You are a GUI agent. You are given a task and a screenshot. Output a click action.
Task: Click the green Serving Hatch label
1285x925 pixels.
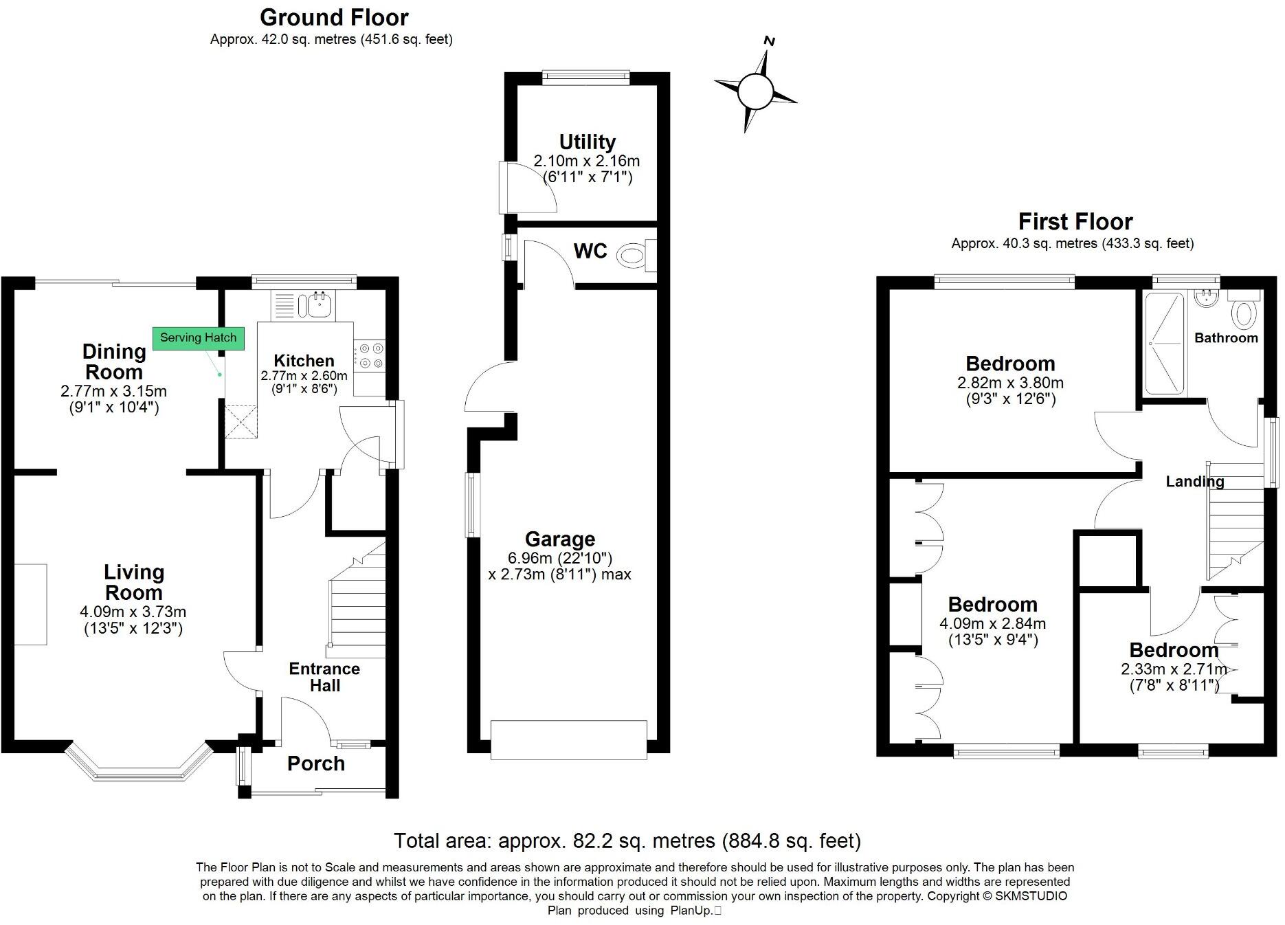click(x=198, y=338)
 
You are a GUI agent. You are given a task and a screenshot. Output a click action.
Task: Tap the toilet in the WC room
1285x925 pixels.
click(x=632, y=257)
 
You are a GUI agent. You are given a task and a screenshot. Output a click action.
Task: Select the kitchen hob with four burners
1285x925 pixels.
click(x=370, y=356)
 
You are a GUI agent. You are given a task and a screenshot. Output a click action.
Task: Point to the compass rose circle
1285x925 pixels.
click(x=755, y=91)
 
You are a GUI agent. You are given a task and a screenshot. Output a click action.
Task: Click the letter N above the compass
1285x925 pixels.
click(x=770, y=41)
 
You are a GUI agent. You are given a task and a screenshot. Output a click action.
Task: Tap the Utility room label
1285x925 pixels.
click(x=587, y=142)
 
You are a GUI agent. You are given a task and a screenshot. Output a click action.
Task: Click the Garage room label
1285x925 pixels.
click(x=560, y=539)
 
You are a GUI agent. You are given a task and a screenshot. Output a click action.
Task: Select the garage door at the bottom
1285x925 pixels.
click(x=569, y=739)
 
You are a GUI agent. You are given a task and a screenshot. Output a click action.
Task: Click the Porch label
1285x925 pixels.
click(x=316, y=764)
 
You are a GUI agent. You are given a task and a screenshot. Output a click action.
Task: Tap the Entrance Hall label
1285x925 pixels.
click(x=324, y=677)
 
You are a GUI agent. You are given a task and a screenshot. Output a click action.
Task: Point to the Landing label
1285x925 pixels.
click(x=1194, y=482)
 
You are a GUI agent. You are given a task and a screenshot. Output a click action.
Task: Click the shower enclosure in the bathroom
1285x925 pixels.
click(x=1165, y=344)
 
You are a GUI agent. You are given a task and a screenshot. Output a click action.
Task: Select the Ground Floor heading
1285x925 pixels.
click(x=334, y=17)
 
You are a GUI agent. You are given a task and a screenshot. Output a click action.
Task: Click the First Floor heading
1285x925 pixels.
click(x=1075, y=222)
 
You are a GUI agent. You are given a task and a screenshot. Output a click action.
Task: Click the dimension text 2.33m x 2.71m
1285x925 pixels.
click(x=1174, y=669)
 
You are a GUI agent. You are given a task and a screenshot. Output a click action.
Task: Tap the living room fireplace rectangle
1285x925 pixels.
click(x=31, y=604)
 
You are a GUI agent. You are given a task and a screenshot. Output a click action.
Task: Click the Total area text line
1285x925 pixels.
click(x=627, y=840)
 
